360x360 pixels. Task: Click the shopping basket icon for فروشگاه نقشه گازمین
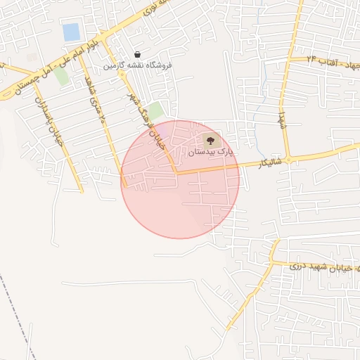tap(137, 55)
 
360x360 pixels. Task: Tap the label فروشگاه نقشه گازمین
tap(138, 65)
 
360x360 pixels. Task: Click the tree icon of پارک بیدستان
tap(210, 140)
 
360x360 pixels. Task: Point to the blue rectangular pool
tap(71, 32)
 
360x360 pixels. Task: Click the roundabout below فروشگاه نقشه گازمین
tap(122, 73)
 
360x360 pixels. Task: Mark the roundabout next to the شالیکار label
tap(288, 160)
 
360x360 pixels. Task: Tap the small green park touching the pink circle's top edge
tap(155, 111)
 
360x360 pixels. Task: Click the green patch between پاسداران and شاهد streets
tap(62, 76)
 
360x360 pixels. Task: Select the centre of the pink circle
tap(180, 179)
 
